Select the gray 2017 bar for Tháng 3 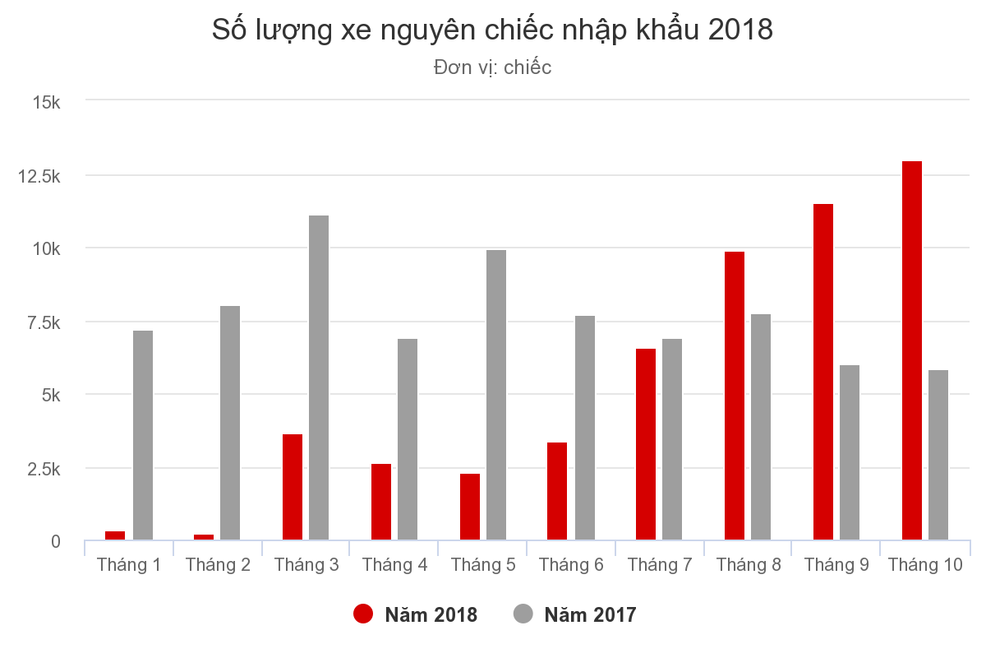(319, 378)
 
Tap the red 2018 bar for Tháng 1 (115, 535)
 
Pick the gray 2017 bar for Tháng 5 (496, 395)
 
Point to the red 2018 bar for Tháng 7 (646, 444)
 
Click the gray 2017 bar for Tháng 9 (850, 452)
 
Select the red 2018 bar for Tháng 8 (735, 396)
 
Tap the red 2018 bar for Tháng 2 (204, 537)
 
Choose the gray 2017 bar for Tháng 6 (585, 428)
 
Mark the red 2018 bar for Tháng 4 (381, 502)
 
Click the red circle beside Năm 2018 (363, 614)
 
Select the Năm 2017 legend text (590, 614)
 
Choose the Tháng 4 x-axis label (394, 565)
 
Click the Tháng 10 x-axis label (925, 565)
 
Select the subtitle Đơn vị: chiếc (492, 67)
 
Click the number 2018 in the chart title (738, 30)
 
